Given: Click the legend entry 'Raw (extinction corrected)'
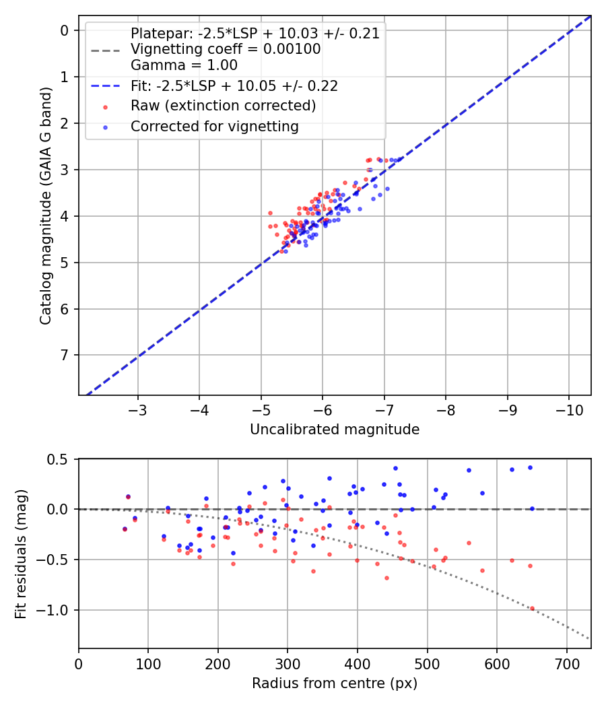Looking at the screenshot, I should [223, 106].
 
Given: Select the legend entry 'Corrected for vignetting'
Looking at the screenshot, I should [213, 126].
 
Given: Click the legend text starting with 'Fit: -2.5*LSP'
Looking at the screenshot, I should [234, 86].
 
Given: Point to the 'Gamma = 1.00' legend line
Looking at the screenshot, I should [184, 65].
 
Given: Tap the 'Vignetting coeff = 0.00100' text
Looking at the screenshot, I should [225, 49].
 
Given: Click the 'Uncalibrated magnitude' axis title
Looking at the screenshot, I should [335, 430].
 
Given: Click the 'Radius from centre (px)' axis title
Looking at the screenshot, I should [335, 683].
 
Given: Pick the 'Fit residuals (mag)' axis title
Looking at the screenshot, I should [21, 553].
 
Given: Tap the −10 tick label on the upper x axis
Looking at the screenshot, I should [568, 409].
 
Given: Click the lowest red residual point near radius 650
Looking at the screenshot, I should [532, 608].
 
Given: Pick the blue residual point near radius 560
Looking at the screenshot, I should [469, 470].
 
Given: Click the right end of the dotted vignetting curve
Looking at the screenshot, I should [589, 638].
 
